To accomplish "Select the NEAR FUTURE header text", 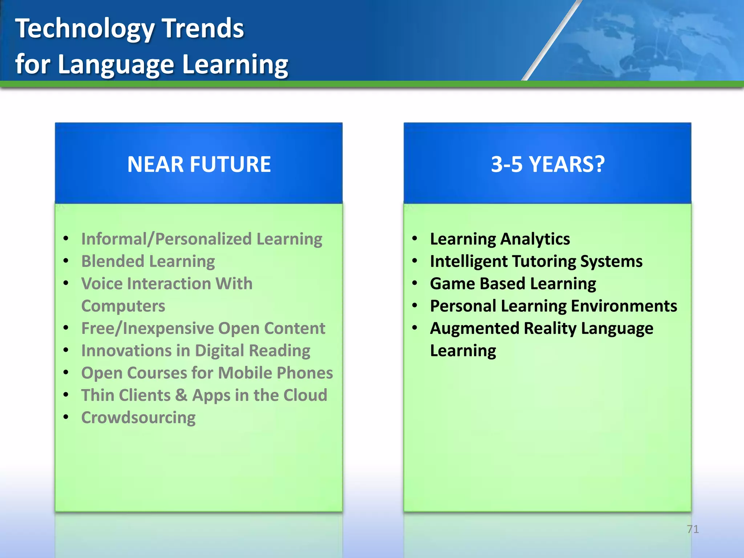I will click(199, 164).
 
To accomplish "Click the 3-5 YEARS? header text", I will click(547, 164).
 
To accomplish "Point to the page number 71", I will click(693, 529).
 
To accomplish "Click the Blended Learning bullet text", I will click(148, 261).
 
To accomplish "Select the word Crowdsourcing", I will click(138, 418).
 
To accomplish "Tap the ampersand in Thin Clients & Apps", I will click(181, 395).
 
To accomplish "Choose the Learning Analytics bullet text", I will click(500, 239).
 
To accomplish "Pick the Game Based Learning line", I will click(513, 284).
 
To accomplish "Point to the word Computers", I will click(123, 306).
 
